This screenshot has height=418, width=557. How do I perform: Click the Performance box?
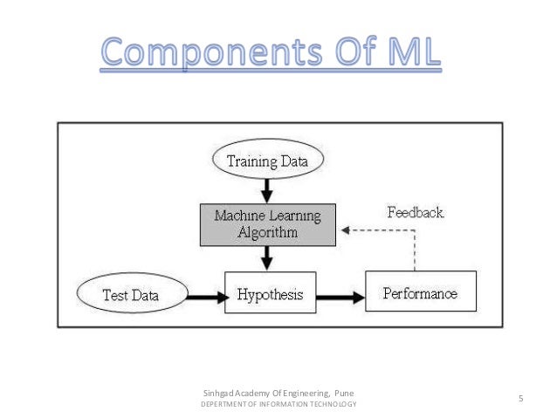coord(420,293)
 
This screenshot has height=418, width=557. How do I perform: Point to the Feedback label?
coord(415,212)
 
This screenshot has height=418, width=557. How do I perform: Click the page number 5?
coord(519,400)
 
